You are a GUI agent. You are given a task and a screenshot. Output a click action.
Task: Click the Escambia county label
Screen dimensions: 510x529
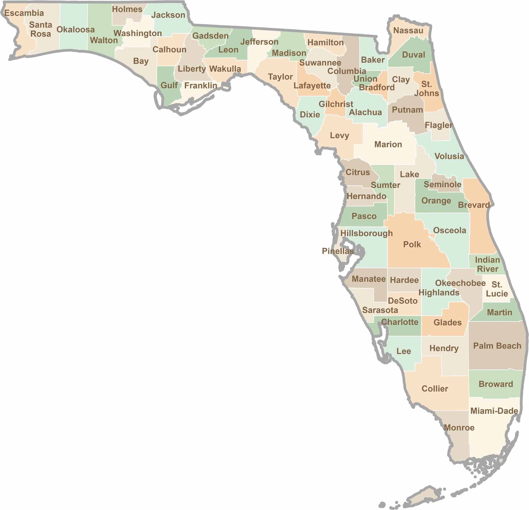coord(24,13)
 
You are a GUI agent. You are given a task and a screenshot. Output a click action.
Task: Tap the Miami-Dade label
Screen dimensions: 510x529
coord(494,411)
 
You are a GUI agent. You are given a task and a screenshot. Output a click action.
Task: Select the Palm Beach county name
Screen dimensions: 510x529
coord(497,346)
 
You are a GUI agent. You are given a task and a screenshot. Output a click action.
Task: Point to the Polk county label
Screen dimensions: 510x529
coord(412,244)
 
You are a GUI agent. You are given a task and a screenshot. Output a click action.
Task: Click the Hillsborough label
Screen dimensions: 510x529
coord(366,233)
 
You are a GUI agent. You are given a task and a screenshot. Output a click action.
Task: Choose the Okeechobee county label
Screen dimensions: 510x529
coord(460,283)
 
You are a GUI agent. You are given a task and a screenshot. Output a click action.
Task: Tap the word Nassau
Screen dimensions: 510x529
coord(408,30)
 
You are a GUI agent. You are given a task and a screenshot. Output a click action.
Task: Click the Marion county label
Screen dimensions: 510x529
coord(388,145)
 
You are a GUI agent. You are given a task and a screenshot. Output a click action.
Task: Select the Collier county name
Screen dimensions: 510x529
coord(434,389)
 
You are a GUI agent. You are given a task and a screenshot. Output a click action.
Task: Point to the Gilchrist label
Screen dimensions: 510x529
coord(336,104)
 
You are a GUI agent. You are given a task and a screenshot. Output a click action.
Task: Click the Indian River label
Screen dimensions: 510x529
coord(487,264)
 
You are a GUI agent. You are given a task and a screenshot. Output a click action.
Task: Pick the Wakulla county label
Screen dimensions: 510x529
coord(225,69)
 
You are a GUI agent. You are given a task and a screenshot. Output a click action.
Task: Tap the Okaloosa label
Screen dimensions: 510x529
coord(75,29)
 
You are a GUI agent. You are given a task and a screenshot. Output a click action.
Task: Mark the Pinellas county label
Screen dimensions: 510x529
coord(337,251)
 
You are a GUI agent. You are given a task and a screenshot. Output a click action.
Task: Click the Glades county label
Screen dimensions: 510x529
coord(447,322)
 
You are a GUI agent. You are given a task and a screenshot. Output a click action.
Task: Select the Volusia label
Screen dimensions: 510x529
coord(449,156)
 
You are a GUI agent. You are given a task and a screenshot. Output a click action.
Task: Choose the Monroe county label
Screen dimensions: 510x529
coord(459,428)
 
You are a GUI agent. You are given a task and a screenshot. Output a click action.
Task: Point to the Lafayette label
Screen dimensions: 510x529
coord(312,85)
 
